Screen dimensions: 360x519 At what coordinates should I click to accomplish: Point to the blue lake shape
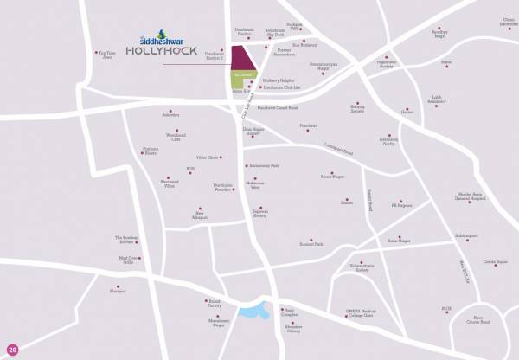(253, 311)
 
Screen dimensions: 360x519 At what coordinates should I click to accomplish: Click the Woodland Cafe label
(151, 137)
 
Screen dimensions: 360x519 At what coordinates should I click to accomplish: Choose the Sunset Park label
(312, 245)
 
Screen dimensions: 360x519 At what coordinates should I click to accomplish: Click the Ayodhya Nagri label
(441, 35)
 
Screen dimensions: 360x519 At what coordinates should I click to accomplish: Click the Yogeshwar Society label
(385, 65)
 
